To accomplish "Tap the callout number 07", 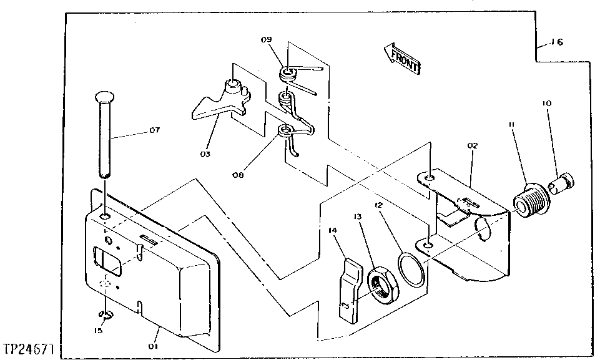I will [154, 130].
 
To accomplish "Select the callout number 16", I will [556, 43].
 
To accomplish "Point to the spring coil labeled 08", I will [285, 130].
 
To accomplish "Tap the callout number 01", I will [154, 345].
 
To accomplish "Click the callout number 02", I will [472, 145].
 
